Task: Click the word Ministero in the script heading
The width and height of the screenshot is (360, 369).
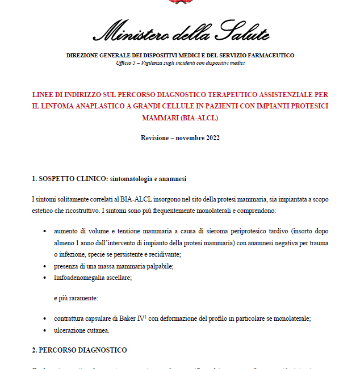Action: coord(124,33)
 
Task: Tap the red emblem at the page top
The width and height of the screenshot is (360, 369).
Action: coord(180,2)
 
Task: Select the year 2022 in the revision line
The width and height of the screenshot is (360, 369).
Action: coord(211,138)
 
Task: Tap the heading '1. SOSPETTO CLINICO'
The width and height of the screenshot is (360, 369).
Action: coord(70,179)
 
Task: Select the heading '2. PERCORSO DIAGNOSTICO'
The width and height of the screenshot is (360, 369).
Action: coord(79,350)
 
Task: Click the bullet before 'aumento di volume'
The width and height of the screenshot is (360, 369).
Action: coord(45,232)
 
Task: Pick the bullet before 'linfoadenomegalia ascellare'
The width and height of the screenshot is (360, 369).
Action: coord(45,278)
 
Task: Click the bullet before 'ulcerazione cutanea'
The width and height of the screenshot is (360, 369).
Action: coord(45,330)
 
